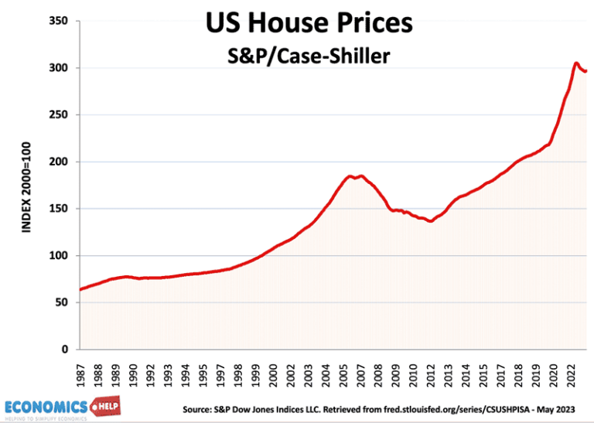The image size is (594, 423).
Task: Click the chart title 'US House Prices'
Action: point(309,23)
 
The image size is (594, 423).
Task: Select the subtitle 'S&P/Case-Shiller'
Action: point(308,56)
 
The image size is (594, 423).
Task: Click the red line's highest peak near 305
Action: point(576,63)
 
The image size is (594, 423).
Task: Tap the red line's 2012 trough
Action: point(430,221)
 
